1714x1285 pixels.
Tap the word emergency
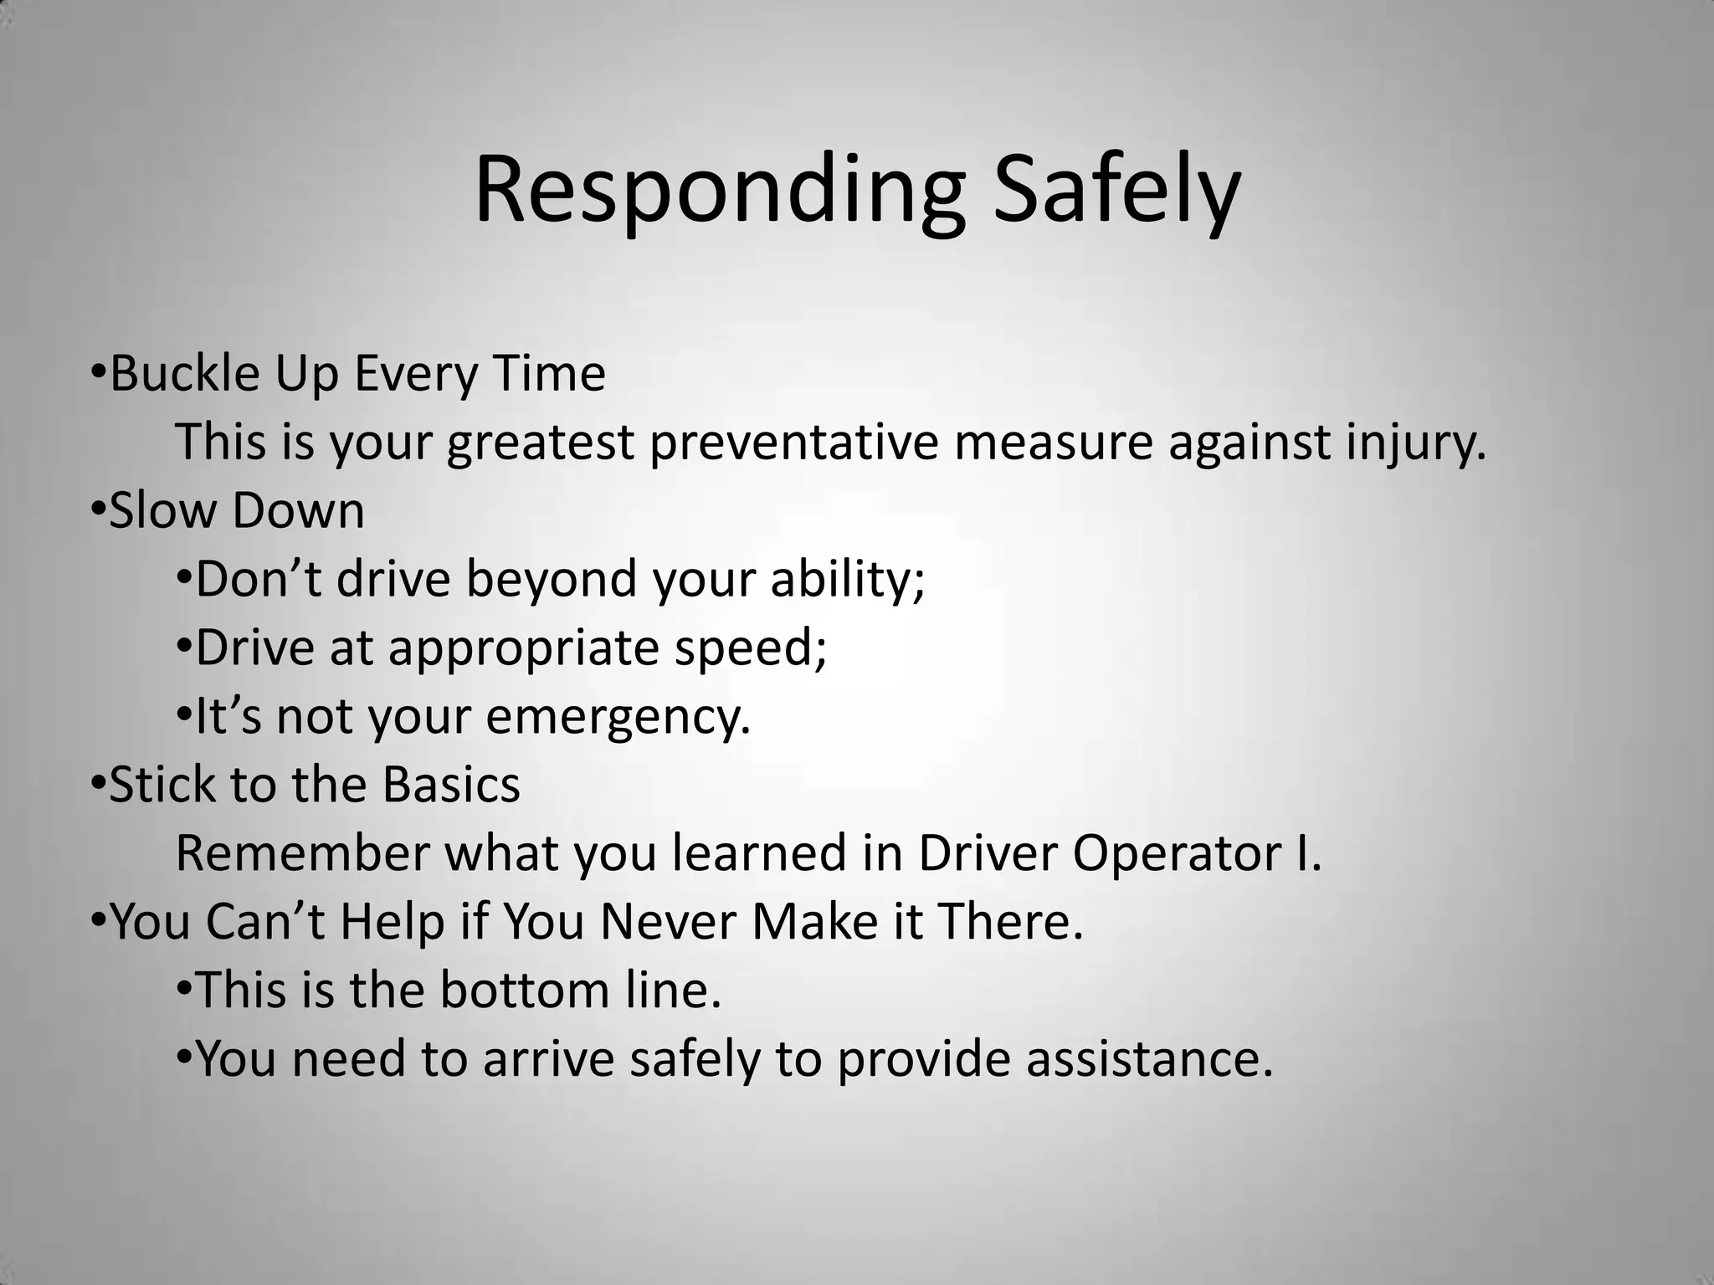618,718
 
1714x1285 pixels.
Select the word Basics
451,785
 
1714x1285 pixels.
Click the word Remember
302,853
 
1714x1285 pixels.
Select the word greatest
540,443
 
